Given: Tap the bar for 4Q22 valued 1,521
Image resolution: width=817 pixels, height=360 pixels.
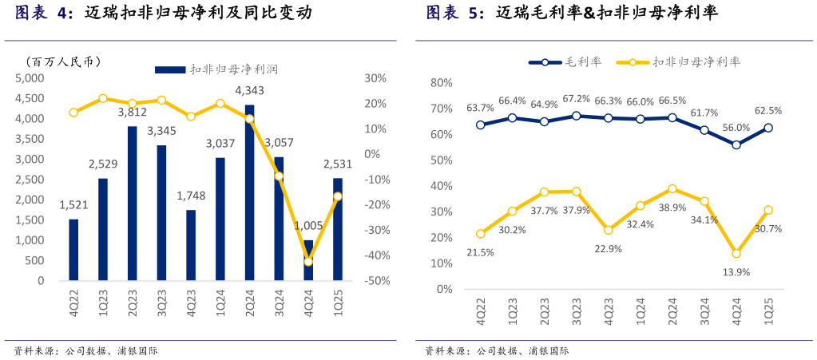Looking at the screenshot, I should click(x=73, y=250).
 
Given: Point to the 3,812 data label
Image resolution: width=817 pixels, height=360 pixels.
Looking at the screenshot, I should click(x=133, y=113).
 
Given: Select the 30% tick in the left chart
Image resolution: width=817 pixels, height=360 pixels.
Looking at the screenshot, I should click(x=375, y=78).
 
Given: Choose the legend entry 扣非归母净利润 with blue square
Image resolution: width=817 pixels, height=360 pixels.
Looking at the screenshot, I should click(x=216, y=69).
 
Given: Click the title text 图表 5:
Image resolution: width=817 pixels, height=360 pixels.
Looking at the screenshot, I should click(x=454, y=13).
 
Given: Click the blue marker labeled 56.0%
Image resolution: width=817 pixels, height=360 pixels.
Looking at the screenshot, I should click(x=736, y=145).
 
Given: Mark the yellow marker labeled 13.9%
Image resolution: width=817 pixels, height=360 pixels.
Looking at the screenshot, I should click(x=736, y=253).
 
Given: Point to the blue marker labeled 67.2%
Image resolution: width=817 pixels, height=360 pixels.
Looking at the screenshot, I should click(x=576, y=116).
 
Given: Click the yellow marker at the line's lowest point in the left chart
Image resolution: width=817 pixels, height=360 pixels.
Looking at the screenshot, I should click(x=308, y=261).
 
